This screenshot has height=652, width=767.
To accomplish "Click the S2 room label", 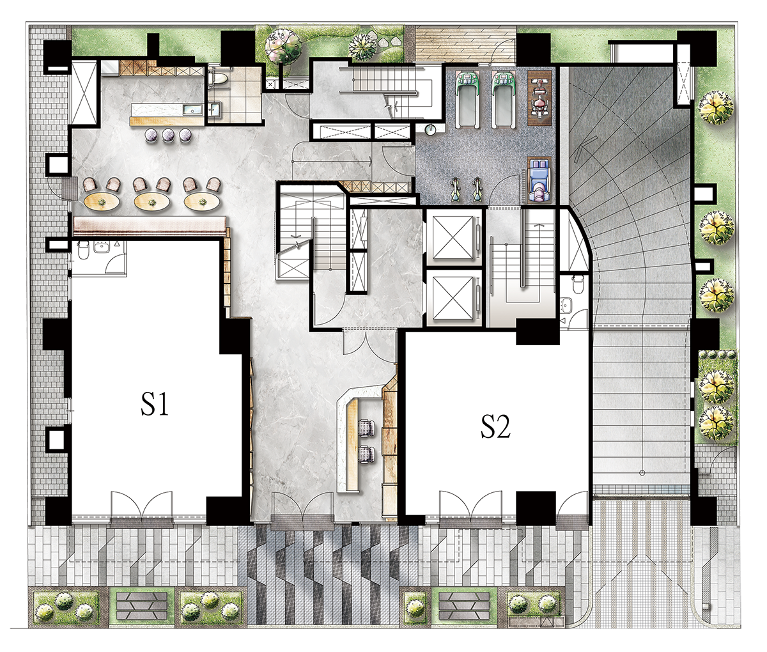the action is click(495, 427).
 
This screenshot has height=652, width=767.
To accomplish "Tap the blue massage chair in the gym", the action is click(540, 180).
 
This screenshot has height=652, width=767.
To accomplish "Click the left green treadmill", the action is click(467, 100).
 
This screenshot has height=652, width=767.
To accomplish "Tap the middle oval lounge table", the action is click(151, 202).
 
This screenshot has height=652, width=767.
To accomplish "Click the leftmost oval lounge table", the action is click(102, 202).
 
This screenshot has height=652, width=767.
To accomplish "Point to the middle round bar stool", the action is click(167, 135).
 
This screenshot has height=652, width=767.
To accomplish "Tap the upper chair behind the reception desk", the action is click(367, 428).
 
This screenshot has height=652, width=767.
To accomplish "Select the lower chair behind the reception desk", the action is click(367, 453).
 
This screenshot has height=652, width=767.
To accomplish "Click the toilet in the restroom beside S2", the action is click(577, 284).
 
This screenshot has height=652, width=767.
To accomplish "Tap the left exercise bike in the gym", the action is click(455, 190).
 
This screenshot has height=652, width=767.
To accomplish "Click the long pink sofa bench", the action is click(150, 224).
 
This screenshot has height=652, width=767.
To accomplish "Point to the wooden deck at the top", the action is click(465, 43).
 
